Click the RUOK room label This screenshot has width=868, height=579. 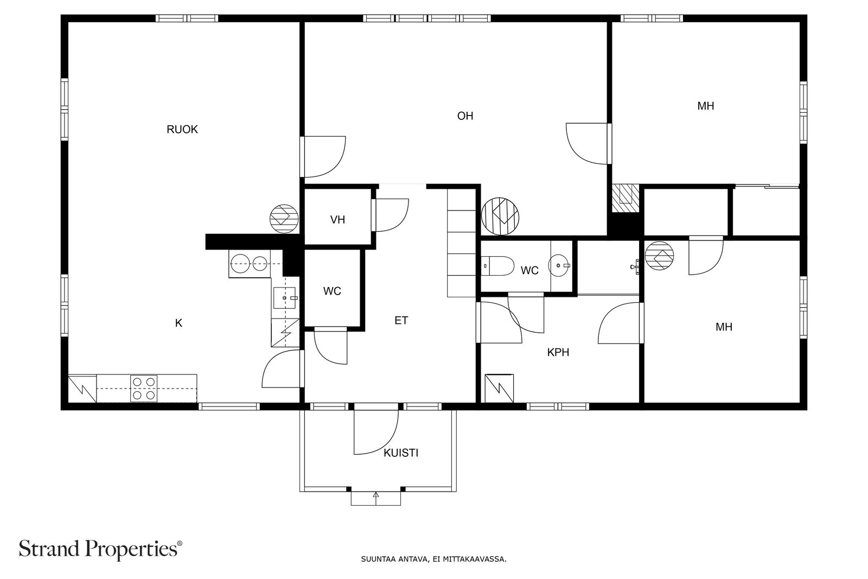coord(182,130)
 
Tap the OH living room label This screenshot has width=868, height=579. coord(465,116)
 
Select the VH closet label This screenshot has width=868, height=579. coord(337,220)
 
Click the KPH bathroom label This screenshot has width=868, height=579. coord(558,353)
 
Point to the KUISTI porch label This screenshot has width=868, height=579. coord(401,453)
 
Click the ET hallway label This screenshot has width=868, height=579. coord(401,321)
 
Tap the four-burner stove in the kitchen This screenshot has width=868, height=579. coord(144,389)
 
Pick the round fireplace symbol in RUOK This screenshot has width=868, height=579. coord(284,219)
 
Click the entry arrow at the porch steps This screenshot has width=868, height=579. coord(375,495)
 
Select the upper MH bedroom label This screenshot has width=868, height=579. coord(705,106)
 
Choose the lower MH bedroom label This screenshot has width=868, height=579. coord(724,327)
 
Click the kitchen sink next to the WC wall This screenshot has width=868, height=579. coord(285,298)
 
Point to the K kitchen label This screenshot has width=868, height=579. coord(178,323)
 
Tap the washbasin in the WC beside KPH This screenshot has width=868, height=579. coord(560,265)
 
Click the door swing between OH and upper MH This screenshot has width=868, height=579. coord(586,143)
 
